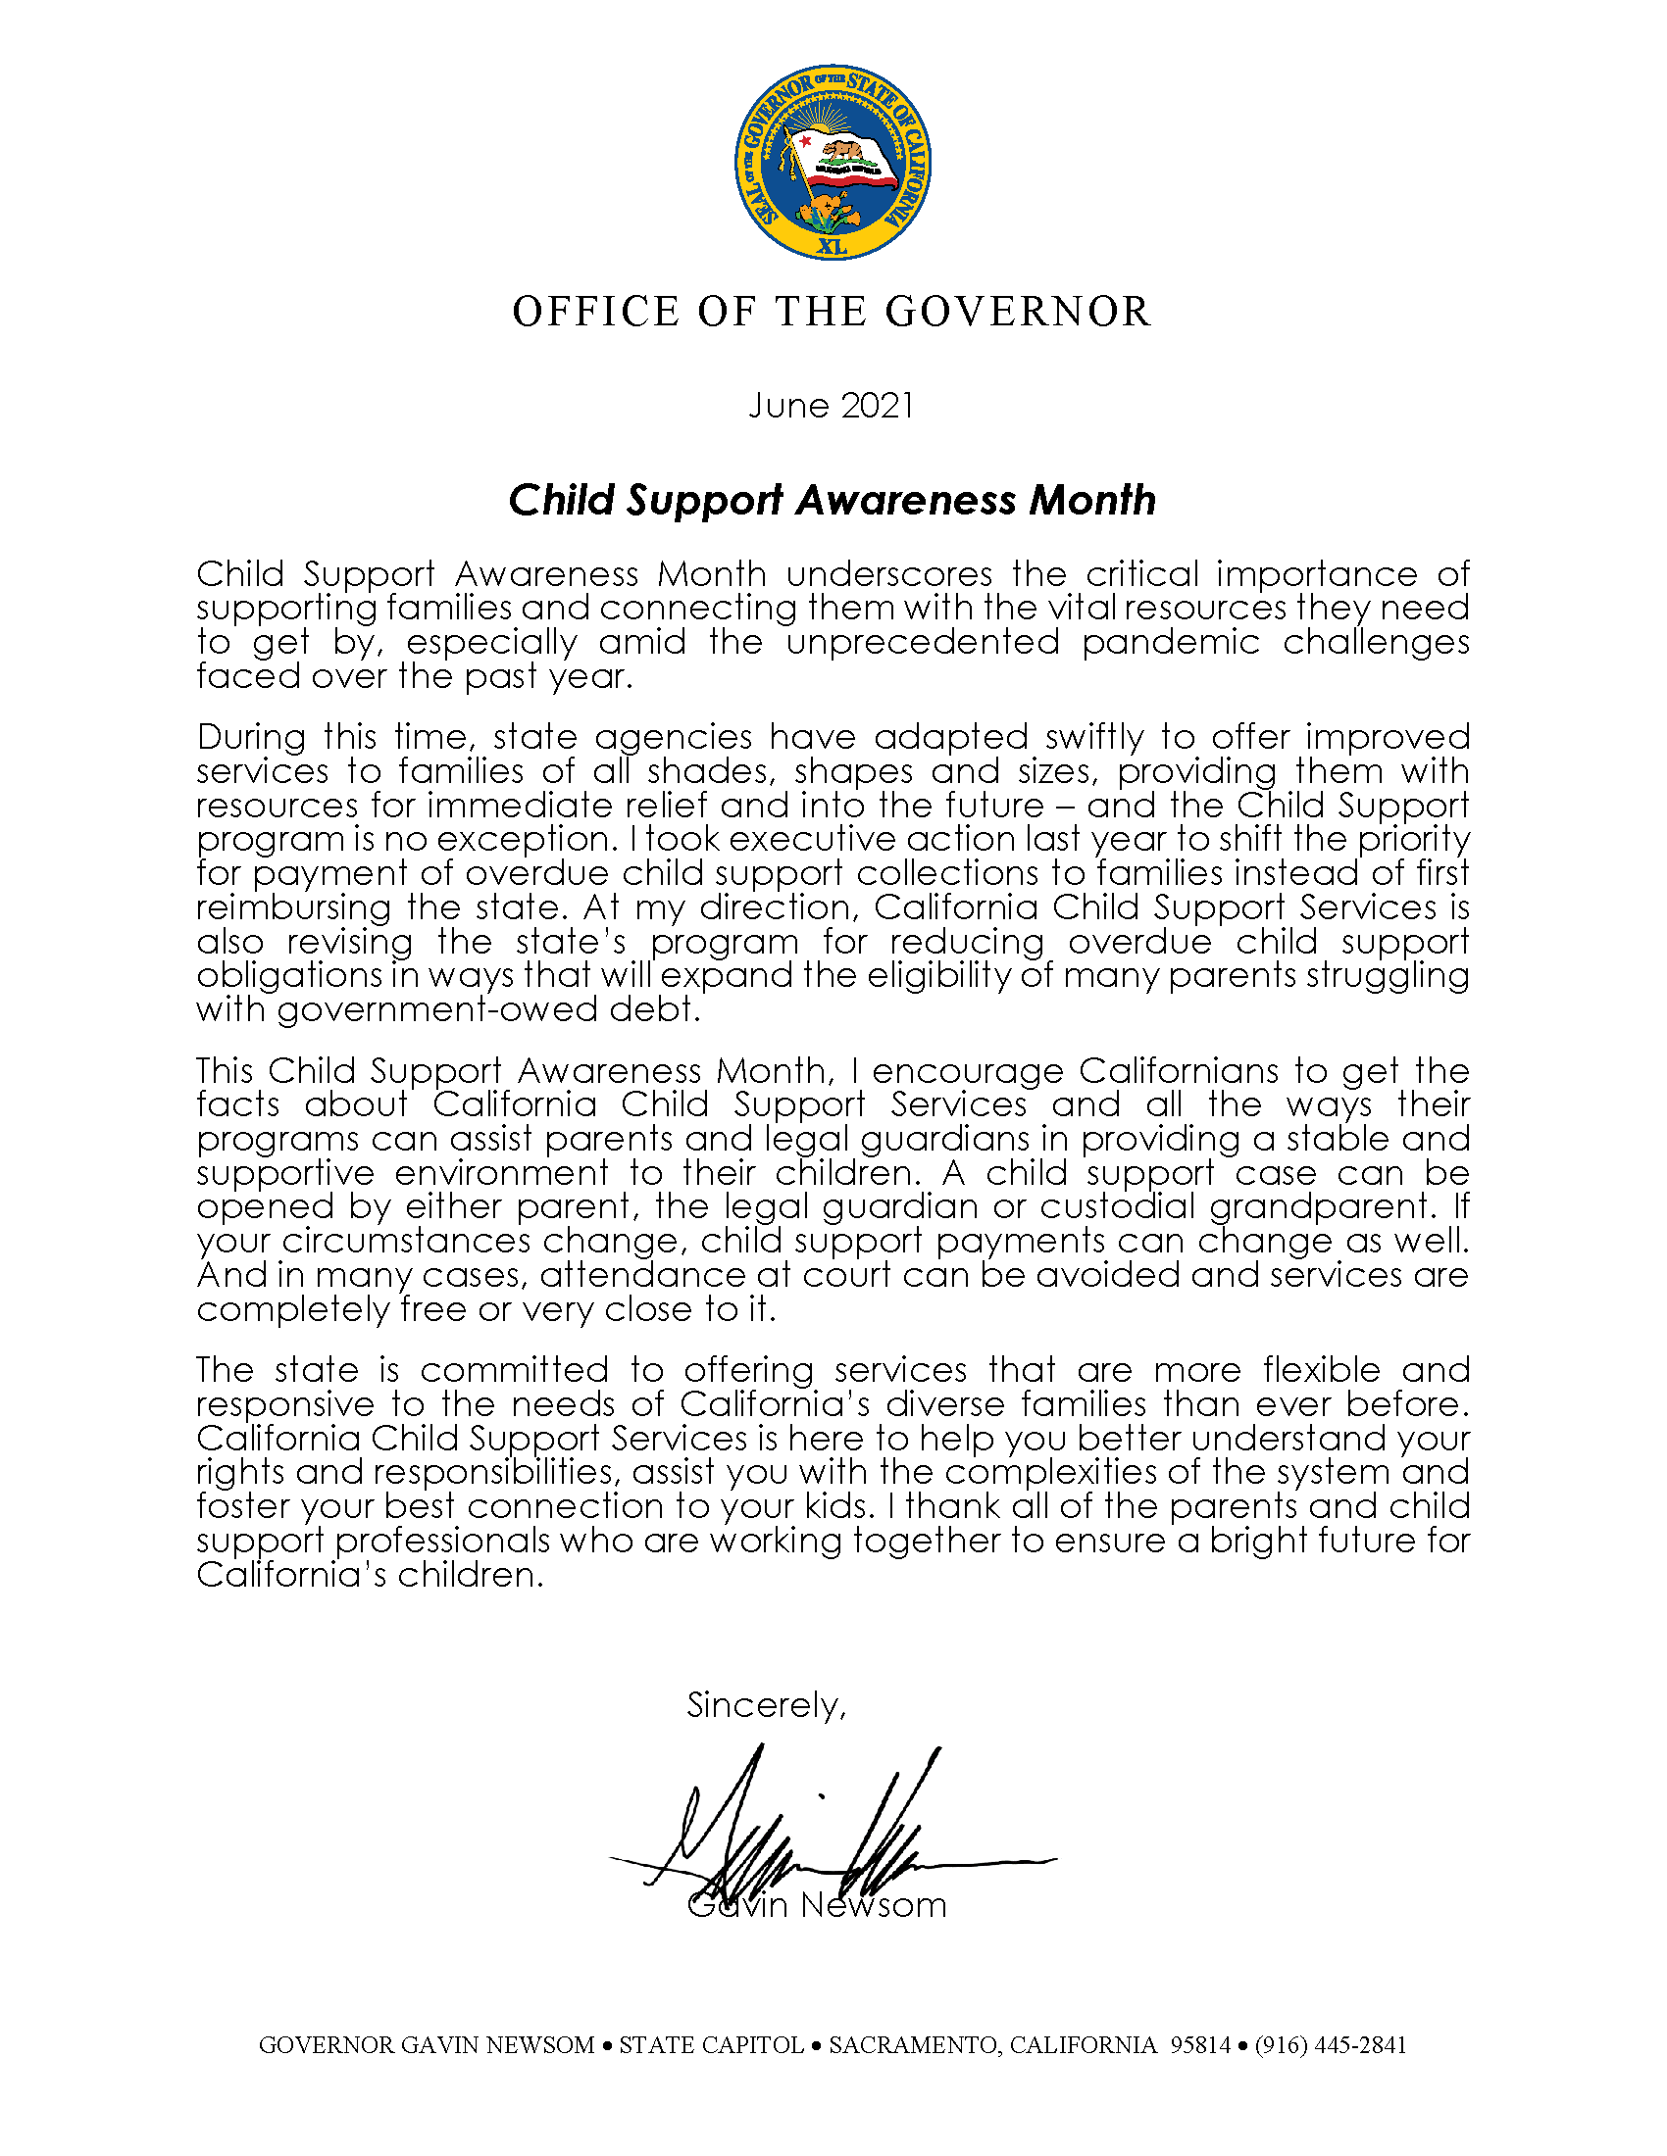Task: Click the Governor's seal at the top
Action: click(x=833, y=163)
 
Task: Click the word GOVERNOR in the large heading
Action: click(x=1018, y=312)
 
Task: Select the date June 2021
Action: click(x=832, y=406)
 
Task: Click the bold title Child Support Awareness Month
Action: click(x=832, y=501)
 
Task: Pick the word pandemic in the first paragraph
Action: click(x=1170, y=642)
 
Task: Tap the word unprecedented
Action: click(x=923, y=642)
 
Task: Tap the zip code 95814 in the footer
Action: click(x=1200, y=2045)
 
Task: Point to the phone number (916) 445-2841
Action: click(x=1331, y=2045)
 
